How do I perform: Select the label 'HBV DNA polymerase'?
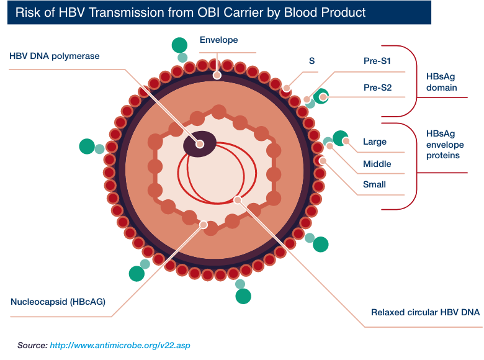[55, 56]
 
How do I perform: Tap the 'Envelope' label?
[218, 40]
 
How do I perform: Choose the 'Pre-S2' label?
[377, 88]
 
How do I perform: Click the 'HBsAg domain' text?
[442, 82]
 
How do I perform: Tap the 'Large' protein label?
[375, 142]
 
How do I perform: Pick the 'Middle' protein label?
[377, 164]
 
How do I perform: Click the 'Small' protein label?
[375, 184]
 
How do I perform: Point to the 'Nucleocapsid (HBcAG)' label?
[58, 302]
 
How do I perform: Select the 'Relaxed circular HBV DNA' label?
[425, 312]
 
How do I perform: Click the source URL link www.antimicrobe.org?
[123, 344]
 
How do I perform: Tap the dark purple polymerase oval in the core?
[200, 143]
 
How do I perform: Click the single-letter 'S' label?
[311, 61]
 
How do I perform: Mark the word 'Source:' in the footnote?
[32, 344]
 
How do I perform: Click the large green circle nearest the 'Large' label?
[341, 138]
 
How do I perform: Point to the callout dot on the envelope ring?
[217, 75]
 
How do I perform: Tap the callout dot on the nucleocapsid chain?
[202, 224]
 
